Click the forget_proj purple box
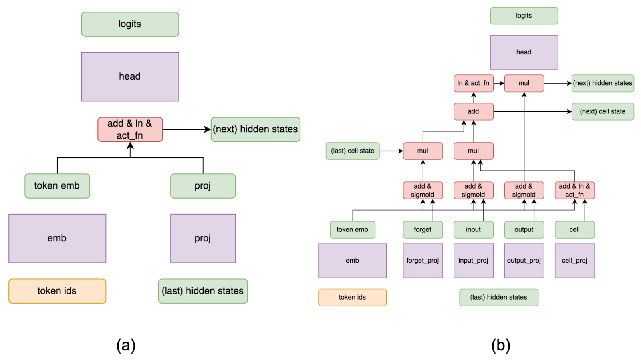tap(423, 261)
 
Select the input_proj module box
tap(473, 261)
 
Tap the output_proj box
tap(524, 261)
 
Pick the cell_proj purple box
tap(574, 261)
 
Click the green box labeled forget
tap(423, 230)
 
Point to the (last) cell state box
tap(353, 151)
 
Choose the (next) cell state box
tap(603, 111)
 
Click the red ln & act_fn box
tap(473, 83)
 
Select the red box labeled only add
tap(473, 111)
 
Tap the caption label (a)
tap(126, 345)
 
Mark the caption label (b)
tap(501, 345)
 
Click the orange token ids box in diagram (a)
tap(57, 291)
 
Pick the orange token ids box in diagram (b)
tap(353, 297)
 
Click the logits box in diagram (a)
tap(130, 24)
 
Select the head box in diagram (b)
tap(524, 52)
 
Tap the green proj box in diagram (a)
tap(203, 186)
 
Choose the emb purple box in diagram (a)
tap(57, 238)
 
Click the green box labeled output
tap(524, 230)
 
